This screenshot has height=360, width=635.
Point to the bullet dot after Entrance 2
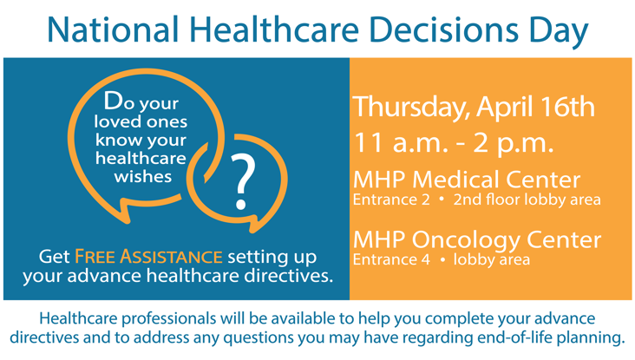coord(441,200)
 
